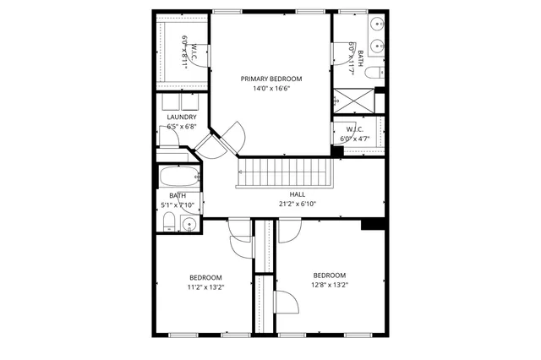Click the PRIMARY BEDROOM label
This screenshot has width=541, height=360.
270,79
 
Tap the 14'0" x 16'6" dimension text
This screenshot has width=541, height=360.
270,88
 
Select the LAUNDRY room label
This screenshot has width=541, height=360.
182,117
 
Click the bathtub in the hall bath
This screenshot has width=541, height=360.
180,177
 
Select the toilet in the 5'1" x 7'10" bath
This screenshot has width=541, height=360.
169,222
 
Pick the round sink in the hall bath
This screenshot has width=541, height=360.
189,224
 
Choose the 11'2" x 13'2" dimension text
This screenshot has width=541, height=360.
205,287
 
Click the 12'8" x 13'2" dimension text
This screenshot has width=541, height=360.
330,285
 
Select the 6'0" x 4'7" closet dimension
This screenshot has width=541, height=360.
354,139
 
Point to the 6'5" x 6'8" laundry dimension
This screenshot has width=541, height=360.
182,127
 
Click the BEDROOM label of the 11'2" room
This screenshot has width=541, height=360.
205,278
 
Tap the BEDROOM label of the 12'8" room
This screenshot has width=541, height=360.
330,275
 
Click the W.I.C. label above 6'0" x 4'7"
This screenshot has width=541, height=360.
354,129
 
